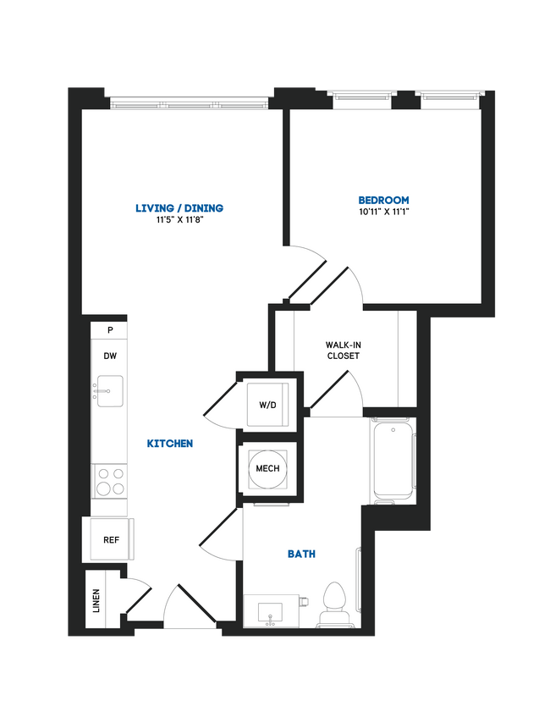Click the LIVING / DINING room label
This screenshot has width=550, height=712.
[179, 208]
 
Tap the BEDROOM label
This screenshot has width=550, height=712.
[383, 201]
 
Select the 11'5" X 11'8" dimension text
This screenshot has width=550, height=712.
[179, 221]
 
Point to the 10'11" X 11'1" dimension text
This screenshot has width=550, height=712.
[383, 212]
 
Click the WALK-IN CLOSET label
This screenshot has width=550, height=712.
[343, 350]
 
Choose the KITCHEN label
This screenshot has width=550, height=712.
[170, 444]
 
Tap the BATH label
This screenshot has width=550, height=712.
[302, 554]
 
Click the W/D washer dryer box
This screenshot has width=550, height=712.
[267, 404]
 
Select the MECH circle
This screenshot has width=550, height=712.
[267, 468]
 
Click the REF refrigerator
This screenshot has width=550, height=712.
[111, 539]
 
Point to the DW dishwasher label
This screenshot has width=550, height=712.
[110, 356]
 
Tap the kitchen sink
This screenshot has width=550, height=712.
[110, 391]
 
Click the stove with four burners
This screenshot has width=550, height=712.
[109, 481]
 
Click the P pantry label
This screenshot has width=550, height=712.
[110, 330]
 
